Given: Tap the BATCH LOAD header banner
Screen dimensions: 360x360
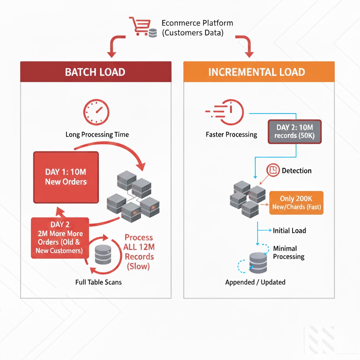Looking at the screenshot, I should pyautogui.click(x=96, y=72).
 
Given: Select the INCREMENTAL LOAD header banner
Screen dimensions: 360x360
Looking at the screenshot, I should pyautogui.click(x=259, y=72).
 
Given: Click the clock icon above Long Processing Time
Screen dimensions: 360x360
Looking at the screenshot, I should pyautogui.click(x=96, y=112).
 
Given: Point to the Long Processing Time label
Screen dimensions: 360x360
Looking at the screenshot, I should pyautogui.click(x=97, y=135).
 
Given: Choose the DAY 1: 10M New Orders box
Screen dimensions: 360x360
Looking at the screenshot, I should pyautogui.click(x=66, y=177).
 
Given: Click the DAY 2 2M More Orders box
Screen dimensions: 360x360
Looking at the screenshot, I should pyautogui.click(x=60, y=238).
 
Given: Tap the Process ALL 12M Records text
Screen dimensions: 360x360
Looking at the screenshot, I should pyautogui.click(x=139, y=252).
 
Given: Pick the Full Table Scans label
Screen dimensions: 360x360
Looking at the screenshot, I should pyautogui.click(x=98, y=282).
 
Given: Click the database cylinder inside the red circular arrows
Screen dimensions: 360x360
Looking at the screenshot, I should pyautogui.click(x=103, y=254).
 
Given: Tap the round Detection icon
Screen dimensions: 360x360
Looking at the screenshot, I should pyautogui.click(x=273, y=171).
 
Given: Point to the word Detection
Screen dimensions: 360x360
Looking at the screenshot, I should pyautogui.click(x=296, y=171).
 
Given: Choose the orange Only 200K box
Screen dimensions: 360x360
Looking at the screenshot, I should pyautogui.click(x=296, y=203).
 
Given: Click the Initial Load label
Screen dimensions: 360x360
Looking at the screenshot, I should pyautogui.click(x=289, y=231).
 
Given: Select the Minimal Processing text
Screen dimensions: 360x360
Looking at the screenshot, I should pyautogui.click(x=288, y=252).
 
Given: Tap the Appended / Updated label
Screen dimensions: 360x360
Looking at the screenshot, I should pyautogui.click(x=255, y=282).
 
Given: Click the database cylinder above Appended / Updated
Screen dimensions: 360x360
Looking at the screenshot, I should pyautogui.click(x=258, y=262).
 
